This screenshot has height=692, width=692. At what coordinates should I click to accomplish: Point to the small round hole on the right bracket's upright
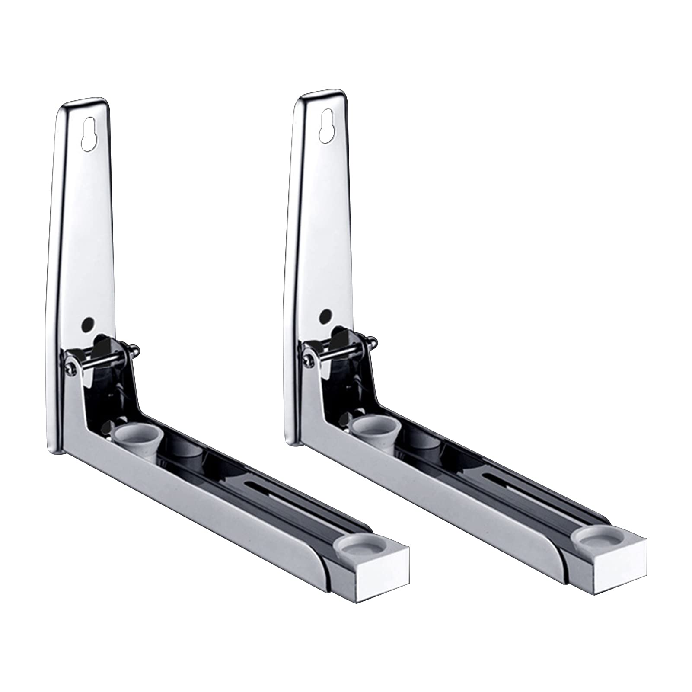[326, 316]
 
